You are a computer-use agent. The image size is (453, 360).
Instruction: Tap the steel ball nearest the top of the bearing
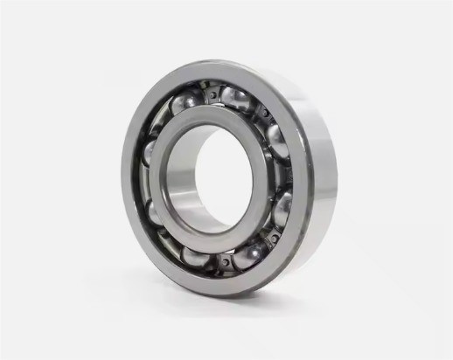[234, 96]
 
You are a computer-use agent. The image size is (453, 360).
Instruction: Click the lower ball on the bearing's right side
[282, 208]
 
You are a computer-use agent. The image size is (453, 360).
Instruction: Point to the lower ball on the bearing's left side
[152, 212]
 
